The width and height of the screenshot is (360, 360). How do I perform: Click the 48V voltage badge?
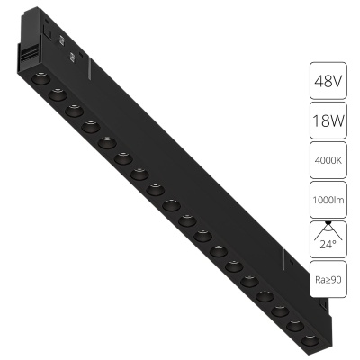[328, 81]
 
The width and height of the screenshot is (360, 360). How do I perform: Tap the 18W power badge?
[328, 121]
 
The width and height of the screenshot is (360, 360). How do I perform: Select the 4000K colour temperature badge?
[328, 160]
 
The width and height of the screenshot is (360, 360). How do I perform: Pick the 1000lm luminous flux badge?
[328, 200]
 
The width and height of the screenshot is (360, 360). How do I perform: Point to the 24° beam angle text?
[328, 245]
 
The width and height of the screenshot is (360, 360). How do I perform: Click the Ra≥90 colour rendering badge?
[328, 279]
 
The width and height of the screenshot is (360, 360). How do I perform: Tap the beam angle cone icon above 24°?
[328, 230]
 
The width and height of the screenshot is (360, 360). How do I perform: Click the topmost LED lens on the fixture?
[40, 78]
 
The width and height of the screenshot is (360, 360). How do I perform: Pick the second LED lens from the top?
[58, 94]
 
